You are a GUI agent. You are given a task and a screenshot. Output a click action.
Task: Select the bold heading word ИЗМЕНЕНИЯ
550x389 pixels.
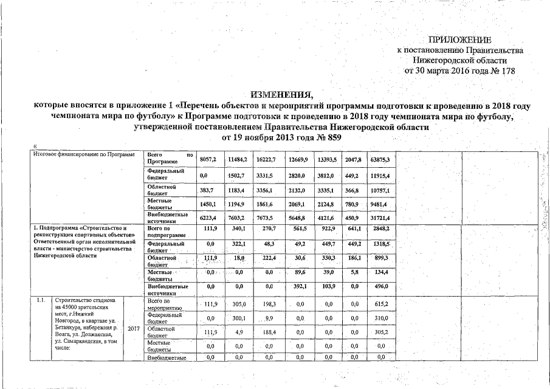click(282, 95)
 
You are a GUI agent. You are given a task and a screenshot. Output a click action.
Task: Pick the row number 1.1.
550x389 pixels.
click(41, 300)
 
